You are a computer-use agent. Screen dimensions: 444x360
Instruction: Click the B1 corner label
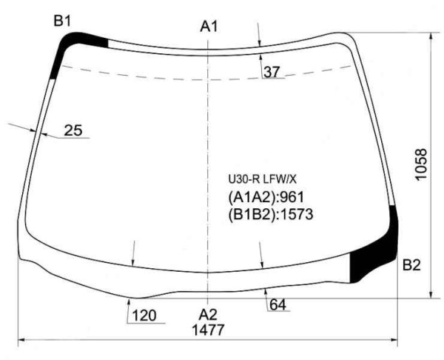click(62, 21)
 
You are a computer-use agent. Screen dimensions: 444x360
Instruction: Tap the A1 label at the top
click(209, 27)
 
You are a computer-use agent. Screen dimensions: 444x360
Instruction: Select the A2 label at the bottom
click(207, 315)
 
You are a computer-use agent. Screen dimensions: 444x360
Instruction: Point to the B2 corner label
click(411, 265)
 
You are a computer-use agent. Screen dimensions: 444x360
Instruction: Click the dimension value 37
click(272, 72)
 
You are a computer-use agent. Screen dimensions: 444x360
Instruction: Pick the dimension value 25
click(73, 130)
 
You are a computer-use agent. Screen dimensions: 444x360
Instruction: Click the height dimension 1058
click(421, 164)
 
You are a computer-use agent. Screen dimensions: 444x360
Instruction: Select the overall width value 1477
click(208, 330)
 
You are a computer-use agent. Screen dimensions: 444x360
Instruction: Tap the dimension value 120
click(144, 316)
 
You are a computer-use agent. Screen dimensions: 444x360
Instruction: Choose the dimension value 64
click(277, 305)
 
